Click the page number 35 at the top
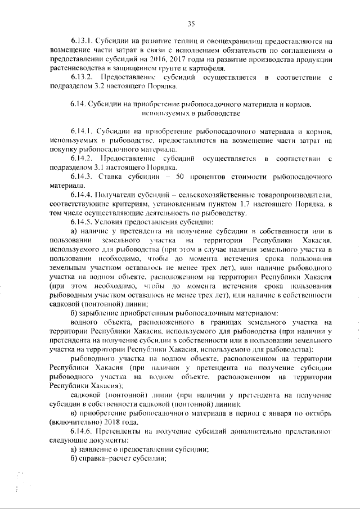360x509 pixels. (191, 23)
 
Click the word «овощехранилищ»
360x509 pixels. (215, 41)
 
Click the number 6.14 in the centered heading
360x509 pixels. (78, 104)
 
